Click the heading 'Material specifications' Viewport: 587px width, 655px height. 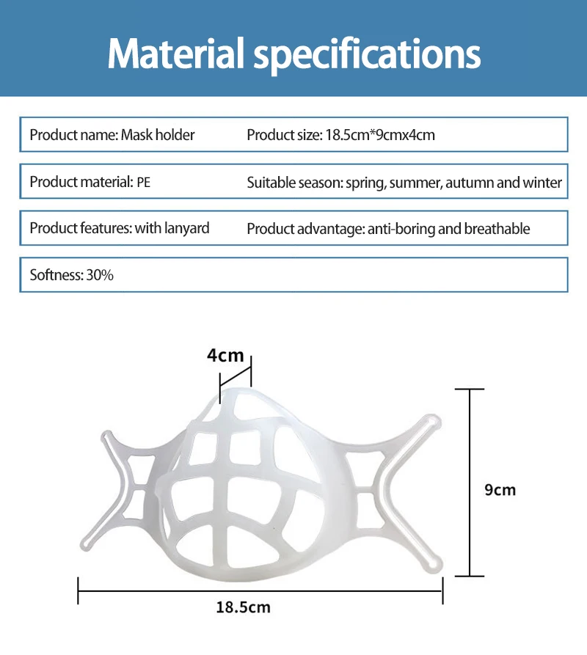point(293,53)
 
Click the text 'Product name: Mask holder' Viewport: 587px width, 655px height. point(112,135)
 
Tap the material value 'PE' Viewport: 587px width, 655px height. point(143,182)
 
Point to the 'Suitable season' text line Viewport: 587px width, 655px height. point(404,182)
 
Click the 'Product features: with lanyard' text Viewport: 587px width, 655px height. point(120,228)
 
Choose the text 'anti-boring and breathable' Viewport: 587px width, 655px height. point(448,229)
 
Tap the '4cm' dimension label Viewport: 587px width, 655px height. point(225,356)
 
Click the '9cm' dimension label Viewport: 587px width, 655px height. point(500,490)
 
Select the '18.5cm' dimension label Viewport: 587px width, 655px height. point(244,607)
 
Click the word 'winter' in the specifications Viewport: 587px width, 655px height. point(542,182)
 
